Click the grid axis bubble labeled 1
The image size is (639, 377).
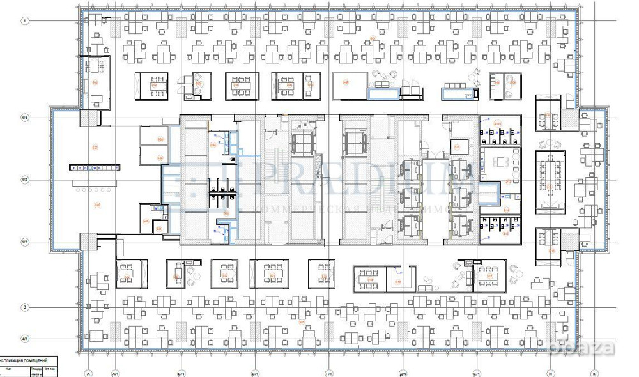pos(26,21)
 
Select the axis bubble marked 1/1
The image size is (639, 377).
pos(26,118)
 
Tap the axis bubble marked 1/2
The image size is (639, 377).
pos(26,180)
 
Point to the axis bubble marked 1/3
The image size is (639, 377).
pos(26,242)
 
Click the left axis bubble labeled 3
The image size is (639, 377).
pos(26,307)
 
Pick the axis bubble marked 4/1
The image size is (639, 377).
pos(26,339)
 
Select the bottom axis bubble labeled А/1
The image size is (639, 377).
pos(116,373)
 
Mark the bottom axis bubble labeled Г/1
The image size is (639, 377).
pos(328,373)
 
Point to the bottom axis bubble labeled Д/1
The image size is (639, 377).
pos(403,373)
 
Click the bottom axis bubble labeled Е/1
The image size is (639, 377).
pos(477,373)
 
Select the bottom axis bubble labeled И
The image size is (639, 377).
pos(550,373)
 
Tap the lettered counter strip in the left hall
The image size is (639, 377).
pos(95,167)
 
